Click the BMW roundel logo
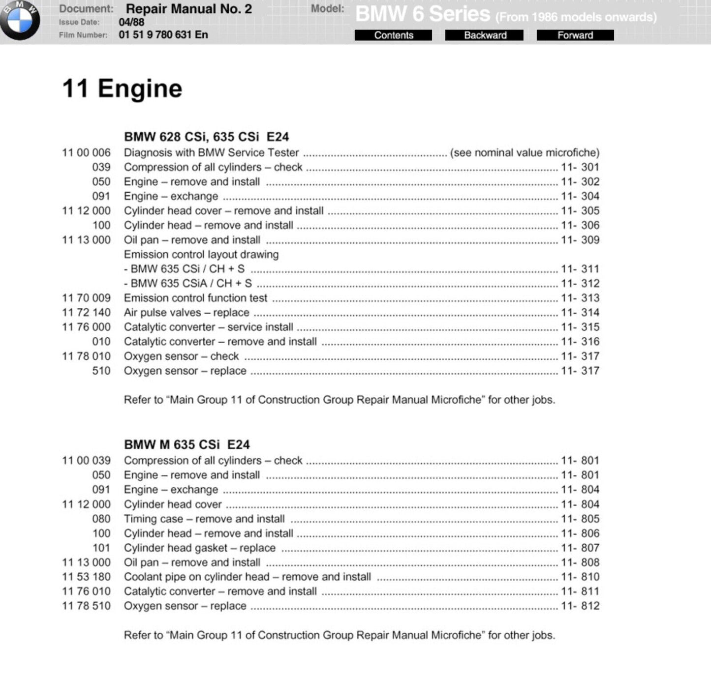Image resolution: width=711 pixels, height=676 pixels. pos(20,20)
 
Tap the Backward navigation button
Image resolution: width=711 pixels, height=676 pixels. pos(484,35)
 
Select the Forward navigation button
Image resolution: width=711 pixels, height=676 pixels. pos(575,35)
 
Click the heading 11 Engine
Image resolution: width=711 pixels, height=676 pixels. pos(122,89)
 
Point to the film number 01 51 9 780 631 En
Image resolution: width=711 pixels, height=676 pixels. pos(163,35)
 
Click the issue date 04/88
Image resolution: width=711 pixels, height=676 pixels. pos(131,22)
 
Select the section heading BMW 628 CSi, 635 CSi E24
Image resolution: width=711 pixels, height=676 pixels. pos(206,137)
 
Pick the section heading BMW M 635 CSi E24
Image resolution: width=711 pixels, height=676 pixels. pos(186,444)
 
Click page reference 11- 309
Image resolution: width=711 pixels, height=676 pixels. pos(580,240)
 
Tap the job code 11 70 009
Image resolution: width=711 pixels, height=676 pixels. pos(86,298)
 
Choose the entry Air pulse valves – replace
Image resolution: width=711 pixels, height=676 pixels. pos(186,313)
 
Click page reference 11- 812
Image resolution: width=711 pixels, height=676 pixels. pos(580,606)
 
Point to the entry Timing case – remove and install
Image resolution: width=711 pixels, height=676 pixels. pos(204,519)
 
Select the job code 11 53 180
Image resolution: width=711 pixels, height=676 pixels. pos(86,577)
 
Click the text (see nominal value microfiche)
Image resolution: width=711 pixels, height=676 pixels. pos(525,153)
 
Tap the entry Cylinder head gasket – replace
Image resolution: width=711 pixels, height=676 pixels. pos(199,548)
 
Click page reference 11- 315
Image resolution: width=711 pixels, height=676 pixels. pos(580,327)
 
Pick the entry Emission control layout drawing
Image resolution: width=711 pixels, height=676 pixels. pos(201,255)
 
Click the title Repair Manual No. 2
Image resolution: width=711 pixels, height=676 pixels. pos(188,9)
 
